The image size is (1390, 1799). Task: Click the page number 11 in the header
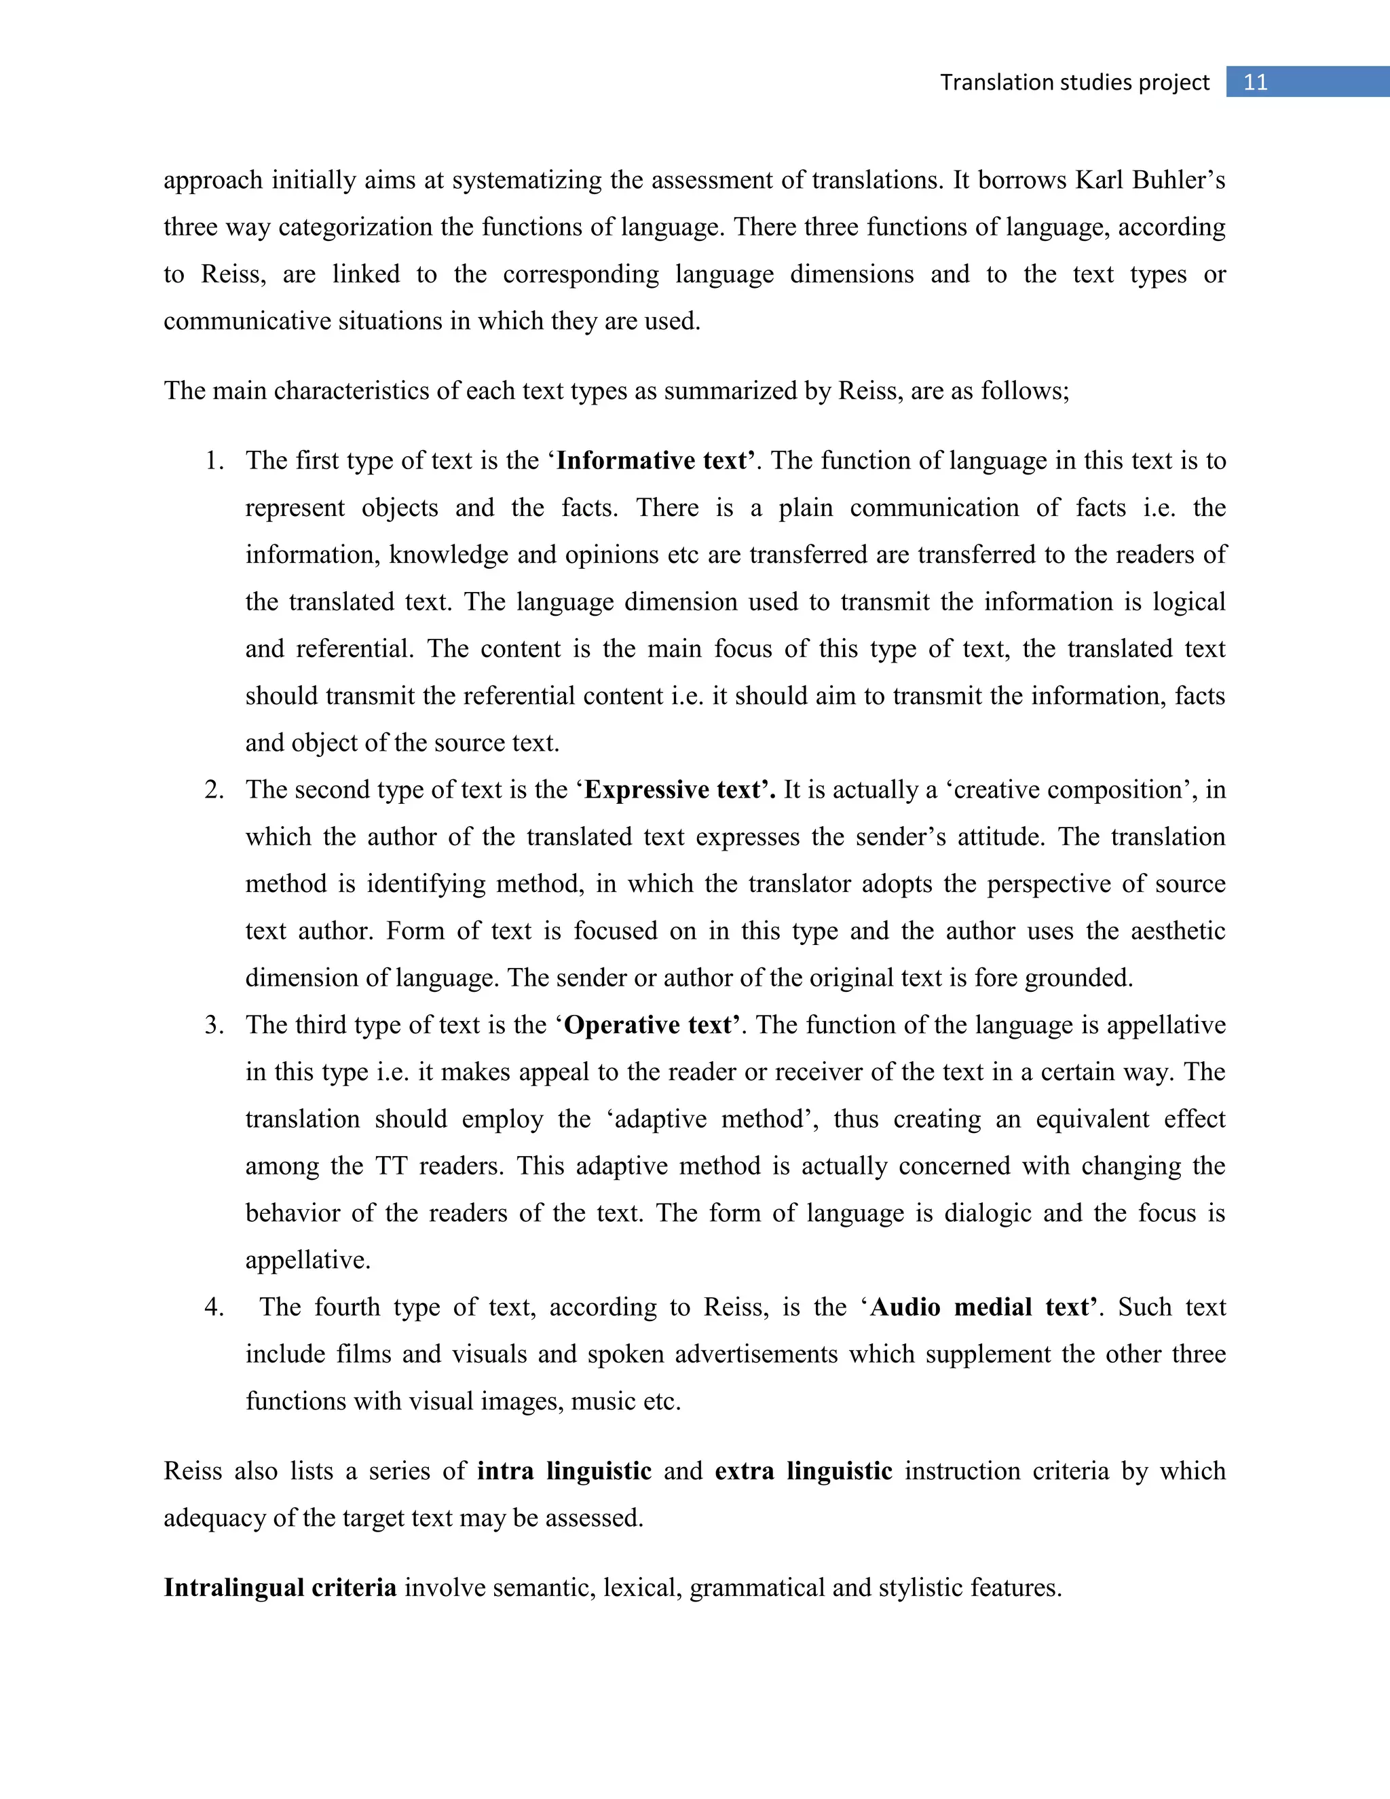tap(1255, 82)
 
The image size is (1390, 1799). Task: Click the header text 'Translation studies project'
tap(1074, 82)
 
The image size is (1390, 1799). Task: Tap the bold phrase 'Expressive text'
tap(678, 790)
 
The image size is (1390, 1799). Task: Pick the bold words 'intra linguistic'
tap(564, 1471)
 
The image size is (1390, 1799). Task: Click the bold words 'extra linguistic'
tap(803, 1471)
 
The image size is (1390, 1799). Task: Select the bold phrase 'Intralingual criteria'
tap(280, 1587)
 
